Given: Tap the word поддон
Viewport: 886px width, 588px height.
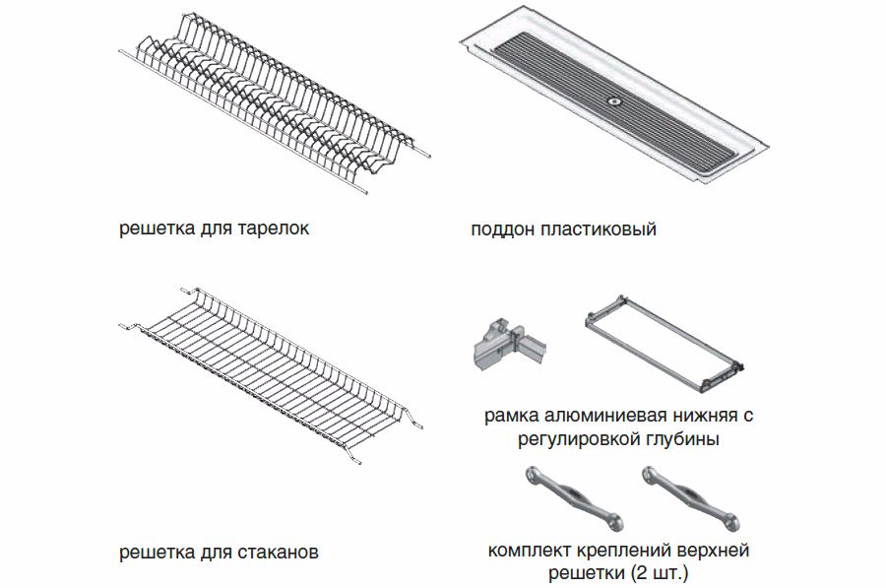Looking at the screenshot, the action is [x=503, y=229].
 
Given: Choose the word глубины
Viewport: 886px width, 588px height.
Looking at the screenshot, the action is [x=682, y=439].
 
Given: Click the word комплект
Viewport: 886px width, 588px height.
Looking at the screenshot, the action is [x=530, y=551].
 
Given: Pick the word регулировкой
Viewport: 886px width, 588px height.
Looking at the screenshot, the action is [x=579, y=439].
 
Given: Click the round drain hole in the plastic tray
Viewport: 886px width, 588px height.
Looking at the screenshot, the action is [x=613, y=101].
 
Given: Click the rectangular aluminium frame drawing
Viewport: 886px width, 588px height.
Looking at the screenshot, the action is [x=664, y=344].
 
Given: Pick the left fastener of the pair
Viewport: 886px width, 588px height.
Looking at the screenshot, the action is [x=574, y=497].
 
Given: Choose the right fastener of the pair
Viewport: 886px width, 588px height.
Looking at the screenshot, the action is [x=690, y=497].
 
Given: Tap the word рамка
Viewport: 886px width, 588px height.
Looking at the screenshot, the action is [x=512, y=416].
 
